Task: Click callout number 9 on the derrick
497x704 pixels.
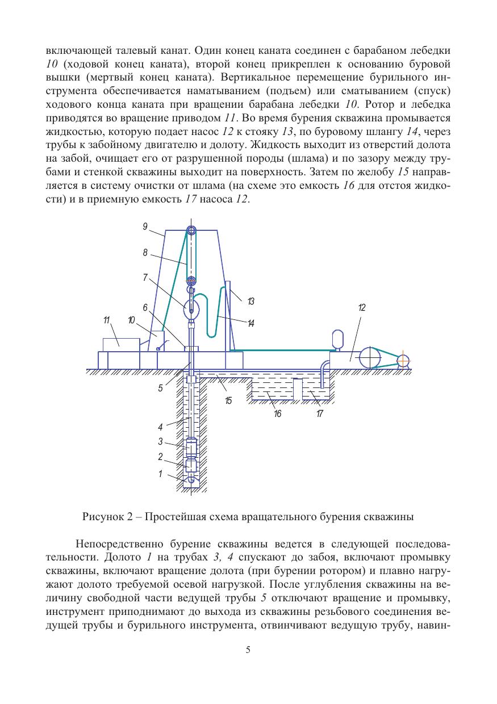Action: (145, 226)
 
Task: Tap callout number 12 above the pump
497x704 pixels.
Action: (362, 307)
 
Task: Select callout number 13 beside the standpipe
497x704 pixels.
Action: (250, 300)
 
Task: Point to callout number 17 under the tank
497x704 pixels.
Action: (320, 414)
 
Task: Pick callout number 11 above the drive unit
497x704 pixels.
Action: (106, 321)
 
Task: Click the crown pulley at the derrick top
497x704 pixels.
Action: (191, 230)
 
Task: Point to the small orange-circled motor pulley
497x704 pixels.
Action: (403, 360)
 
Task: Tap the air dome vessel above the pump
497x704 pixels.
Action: (336, 339)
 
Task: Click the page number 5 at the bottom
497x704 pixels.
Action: (248, 650)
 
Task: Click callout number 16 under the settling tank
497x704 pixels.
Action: (278, 414)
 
